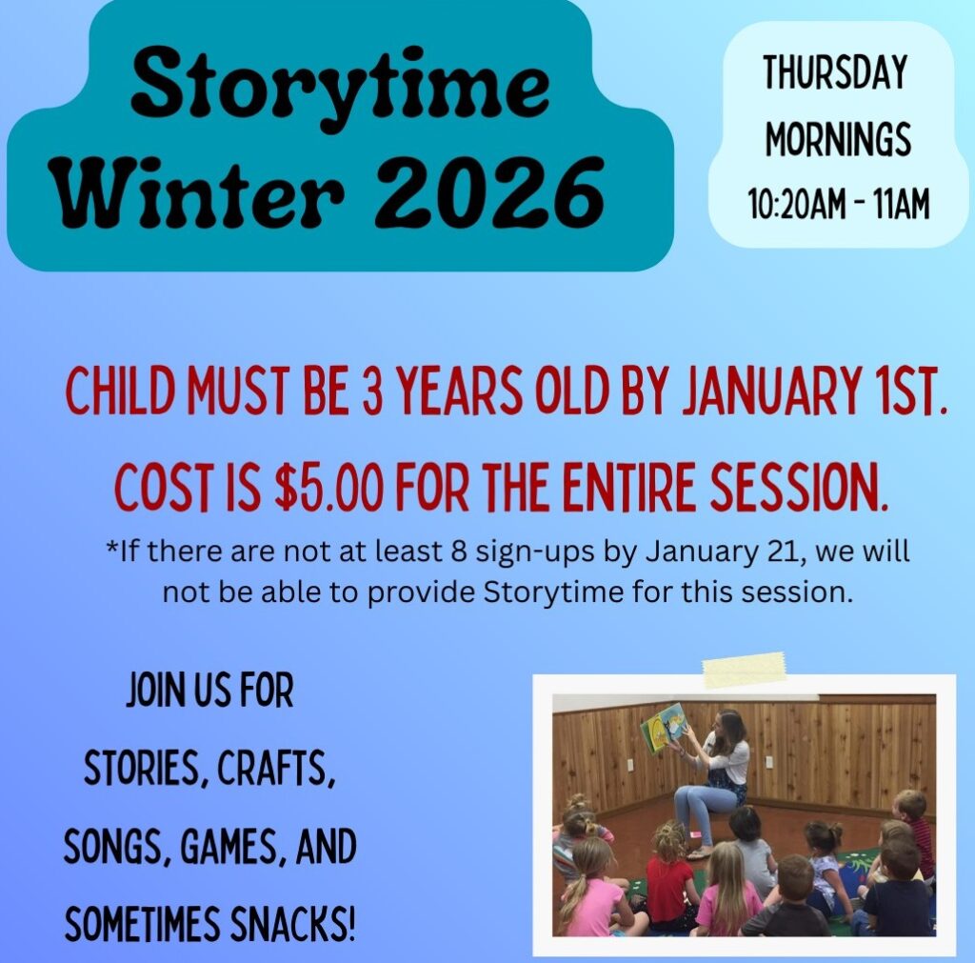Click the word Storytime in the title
pos(341,88)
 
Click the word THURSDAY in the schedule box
pos(834,72)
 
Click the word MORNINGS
pos(838,138)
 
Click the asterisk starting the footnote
pos(111,549)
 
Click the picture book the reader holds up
pos(663,727)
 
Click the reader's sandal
pos(701,851)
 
